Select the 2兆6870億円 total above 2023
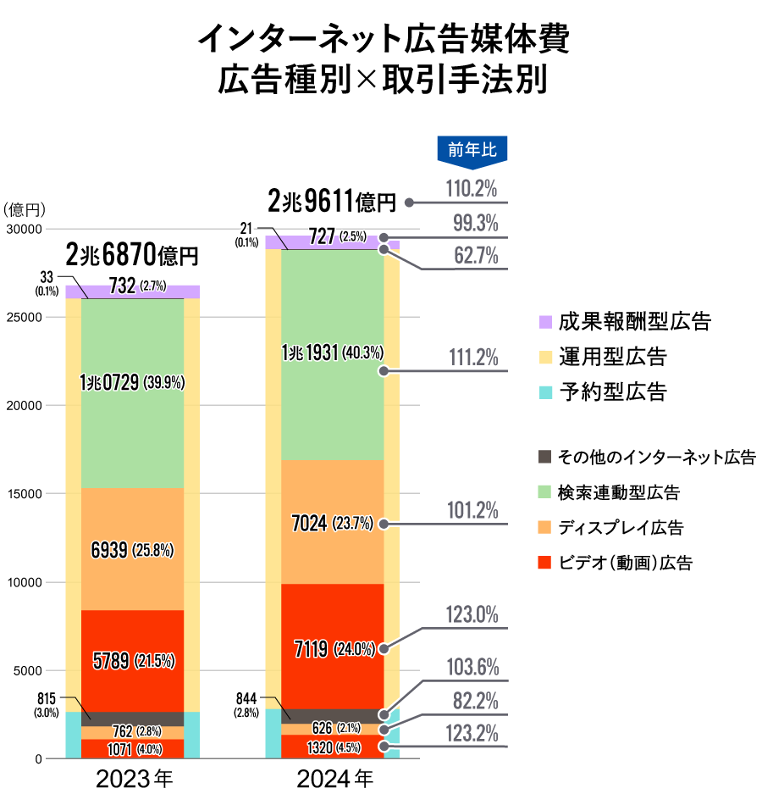tap(132, 254)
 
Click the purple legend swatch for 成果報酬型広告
tap(545, 322)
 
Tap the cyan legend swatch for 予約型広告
tap(545, 392)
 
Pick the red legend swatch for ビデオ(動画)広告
tap(545, 563)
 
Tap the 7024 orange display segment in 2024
tap(332, 523)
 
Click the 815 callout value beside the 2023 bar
tap(47, 698)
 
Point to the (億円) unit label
tap(24, 209)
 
